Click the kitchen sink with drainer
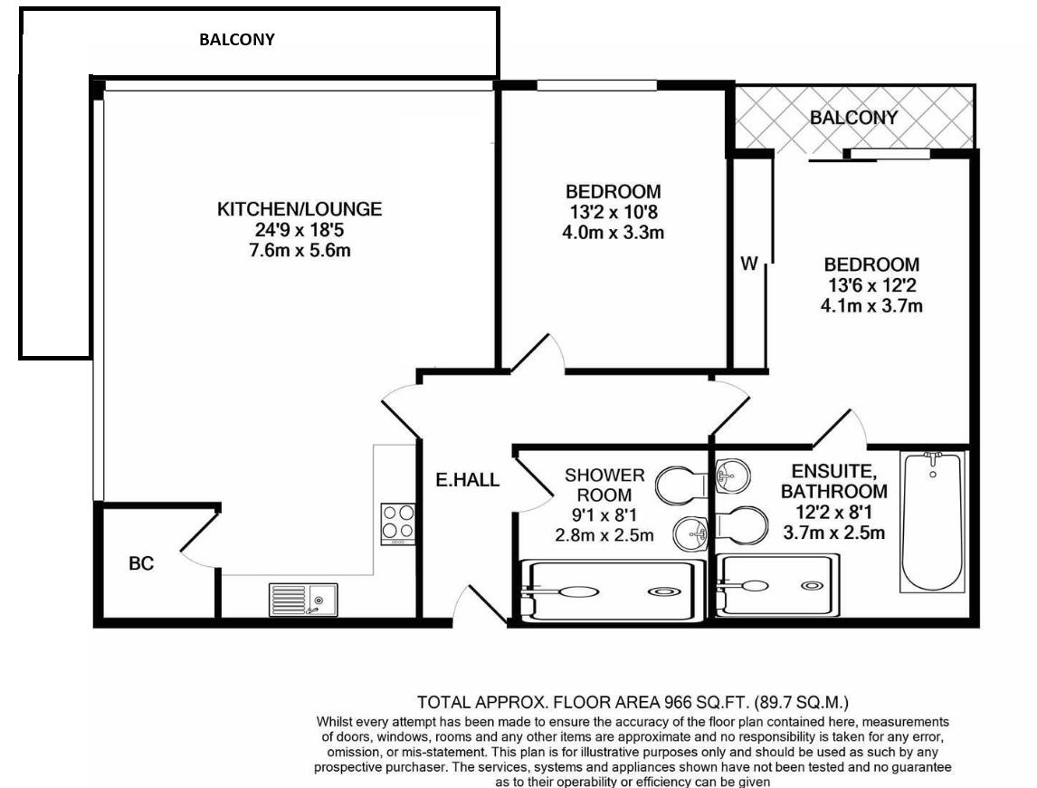point(302,599)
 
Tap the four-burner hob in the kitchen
point(397,523)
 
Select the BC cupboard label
point(141,563)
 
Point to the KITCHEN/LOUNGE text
point(300,209)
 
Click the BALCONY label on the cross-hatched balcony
point(853,118)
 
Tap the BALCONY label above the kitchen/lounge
point(236,40)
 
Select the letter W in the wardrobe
point(749,264)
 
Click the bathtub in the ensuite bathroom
point(931,521)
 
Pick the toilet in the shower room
point(679,486)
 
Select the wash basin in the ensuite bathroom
point(729,473)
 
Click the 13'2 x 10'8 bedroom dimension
point(613,212)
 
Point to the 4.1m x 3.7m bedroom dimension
point(871,305)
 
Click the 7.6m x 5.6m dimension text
point(300,250)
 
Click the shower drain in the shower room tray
point(666,591)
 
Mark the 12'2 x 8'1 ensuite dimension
point(833,513)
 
